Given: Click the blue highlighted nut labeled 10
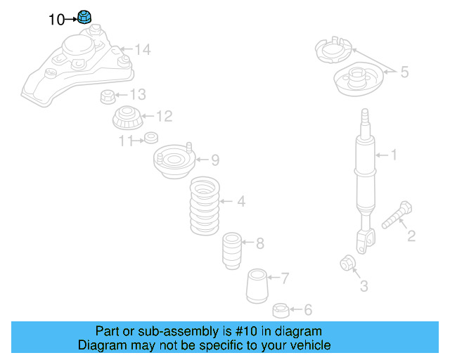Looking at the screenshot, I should point(86,17).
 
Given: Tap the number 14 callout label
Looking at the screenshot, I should point(143,49).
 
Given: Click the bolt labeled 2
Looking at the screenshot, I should point(397,214).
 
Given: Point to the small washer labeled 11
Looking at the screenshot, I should point(149,137).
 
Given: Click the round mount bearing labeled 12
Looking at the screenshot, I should point(127,117).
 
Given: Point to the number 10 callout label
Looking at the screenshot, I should point(56,20).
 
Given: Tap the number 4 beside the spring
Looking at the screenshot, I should point(240,202).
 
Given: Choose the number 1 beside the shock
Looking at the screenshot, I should point(393,155).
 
